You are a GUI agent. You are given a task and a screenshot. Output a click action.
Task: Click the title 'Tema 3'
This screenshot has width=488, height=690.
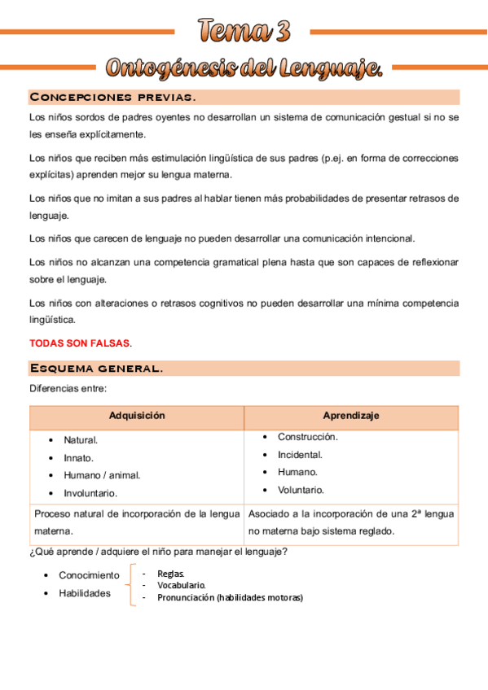[x=244, y=32]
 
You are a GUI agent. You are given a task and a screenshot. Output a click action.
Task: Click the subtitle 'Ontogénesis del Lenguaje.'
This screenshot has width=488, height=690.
[x=244, y=68]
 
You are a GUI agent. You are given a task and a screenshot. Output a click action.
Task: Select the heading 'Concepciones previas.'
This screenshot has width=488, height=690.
[x=112, y=98]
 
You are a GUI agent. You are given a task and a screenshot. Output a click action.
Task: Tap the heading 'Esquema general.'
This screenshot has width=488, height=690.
[x=96, y=369]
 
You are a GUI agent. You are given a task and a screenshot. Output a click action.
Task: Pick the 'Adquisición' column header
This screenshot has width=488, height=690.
[x=137, y=416]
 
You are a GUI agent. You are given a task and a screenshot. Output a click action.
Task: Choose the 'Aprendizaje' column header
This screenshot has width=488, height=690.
[x=350, y=416]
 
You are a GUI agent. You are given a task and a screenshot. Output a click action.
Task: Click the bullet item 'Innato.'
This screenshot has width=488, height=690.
[x=79, y=458]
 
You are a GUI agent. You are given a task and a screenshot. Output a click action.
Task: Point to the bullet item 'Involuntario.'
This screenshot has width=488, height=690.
[x=90, y=493]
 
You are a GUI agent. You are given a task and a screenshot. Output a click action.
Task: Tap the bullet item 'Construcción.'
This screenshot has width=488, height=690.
[x=307, y=437]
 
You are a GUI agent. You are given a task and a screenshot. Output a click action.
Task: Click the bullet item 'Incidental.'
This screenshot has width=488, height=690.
[x=300, y=455]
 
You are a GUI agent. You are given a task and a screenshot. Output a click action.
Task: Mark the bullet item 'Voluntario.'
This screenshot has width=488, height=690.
[x=301, y=490]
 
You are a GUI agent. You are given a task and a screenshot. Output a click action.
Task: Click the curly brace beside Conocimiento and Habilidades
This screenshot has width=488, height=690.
[x=130, y=585]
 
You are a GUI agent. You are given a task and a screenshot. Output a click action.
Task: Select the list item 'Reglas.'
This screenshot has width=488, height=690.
[x=171, y=573]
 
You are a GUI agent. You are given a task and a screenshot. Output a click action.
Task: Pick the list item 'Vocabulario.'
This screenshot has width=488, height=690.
[x=181, y=585]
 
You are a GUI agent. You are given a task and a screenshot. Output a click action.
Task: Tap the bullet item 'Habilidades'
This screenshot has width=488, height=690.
[x=85, y=593]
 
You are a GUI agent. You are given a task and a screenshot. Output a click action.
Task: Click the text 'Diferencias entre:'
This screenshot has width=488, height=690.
[x=68, y=389]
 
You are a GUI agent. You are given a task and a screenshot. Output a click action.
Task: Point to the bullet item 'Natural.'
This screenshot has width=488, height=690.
[x=81, y=440]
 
